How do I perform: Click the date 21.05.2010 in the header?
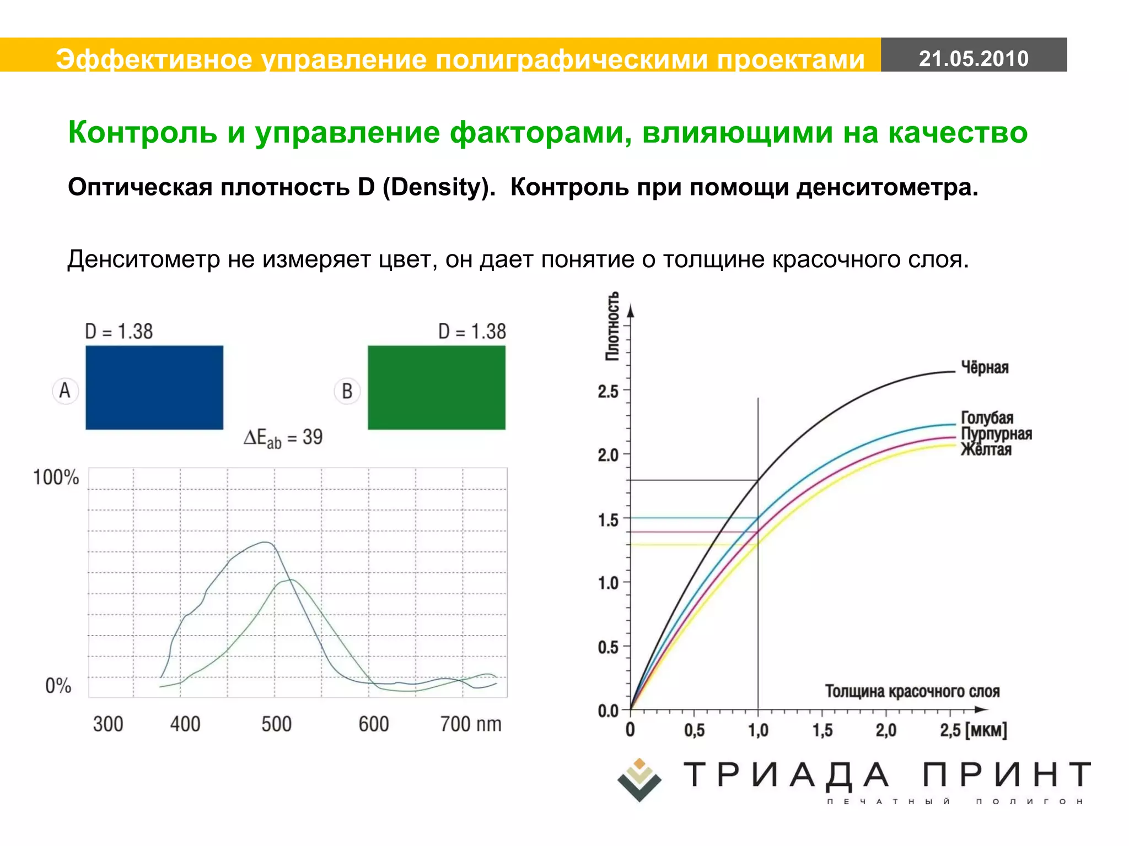[x=974, y=58]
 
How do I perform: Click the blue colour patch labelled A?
[x=154, y=387]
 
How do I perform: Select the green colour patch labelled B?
[x=436, y=387]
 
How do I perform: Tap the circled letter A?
[x=65, y=391]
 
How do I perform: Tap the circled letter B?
[x=347, y=391]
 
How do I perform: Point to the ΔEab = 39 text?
[x=283, y=438]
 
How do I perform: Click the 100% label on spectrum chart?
[x=56, y=477]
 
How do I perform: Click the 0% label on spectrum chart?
[x=58, y=686]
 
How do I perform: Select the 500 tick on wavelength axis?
[x=276, y=724]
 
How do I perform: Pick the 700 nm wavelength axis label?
[x=470, y=724]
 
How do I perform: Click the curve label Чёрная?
[x=985, y=367]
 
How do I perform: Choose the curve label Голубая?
[x=987, y=417]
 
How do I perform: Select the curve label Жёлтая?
[x=986, y=450]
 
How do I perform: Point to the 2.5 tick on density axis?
[x=608, y=392]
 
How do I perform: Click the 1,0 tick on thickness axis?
[x=758, y=730]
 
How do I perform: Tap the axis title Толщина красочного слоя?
[x=912, y=691]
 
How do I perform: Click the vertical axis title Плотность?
[x=612, y=326]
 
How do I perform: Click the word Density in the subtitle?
[x=436, y=187]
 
